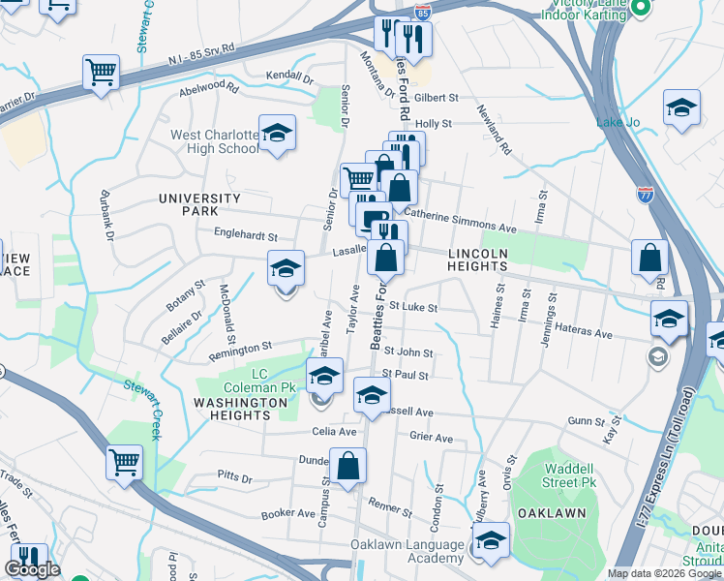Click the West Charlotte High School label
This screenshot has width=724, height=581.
coord(214,141)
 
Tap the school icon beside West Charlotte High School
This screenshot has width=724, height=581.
coord(278,135)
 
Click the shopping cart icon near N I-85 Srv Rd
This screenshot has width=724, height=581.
coord(101,73)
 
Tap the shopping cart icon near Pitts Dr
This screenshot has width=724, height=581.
coord(124,463)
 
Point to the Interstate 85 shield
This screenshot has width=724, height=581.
coord(422,12)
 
